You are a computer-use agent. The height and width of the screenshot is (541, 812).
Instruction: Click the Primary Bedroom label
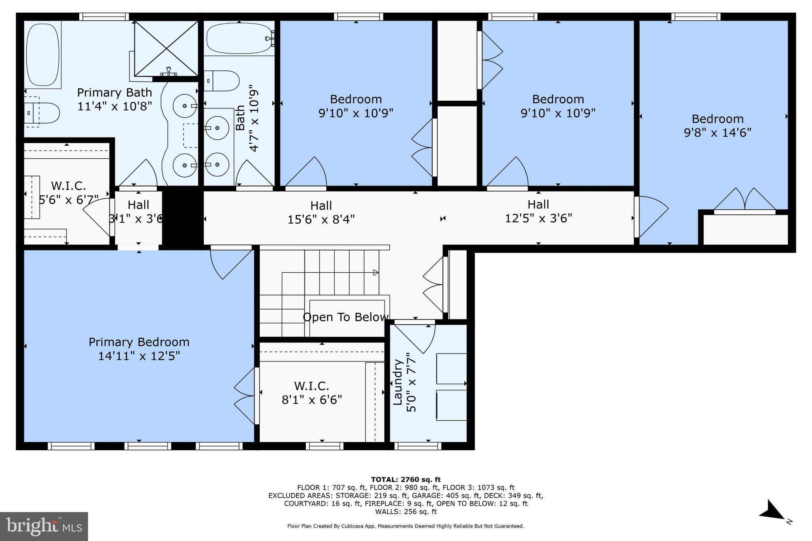point(139,342)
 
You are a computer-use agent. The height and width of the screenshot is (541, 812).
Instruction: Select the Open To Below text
point(345,317)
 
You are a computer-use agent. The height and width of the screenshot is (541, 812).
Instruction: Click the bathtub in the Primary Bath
point(42,54)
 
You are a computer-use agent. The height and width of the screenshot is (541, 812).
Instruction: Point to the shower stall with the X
point(166,48)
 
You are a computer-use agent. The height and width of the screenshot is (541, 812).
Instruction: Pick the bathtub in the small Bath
point(239,38)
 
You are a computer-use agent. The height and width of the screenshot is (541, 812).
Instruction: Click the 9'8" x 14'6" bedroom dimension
point(718,132)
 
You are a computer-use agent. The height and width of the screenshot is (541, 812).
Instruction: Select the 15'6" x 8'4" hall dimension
point(321,219)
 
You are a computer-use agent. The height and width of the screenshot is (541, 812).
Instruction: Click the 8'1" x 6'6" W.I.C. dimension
point(312,400)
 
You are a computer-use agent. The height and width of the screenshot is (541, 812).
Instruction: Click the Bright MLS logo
point(44,526)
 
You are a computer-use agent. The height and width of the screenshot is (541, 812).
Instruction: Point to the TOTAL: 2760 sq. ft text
point(406,480)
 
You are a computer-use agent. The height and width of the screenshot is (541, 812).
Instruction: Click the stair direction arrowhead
point(375,273)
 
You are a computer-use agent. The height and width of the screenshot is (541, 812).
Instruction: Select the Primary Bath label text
point(115,92)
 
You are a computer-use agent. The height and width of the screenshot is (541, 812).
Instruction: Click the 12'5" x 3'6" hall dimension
point(538,218)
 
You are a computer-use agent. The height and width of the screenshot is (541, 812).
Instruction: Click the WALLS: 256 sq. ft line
point(406,512)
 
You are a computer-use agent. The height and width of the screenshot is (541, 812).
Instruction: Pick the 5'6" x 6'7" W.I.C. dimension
point(69,199)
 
